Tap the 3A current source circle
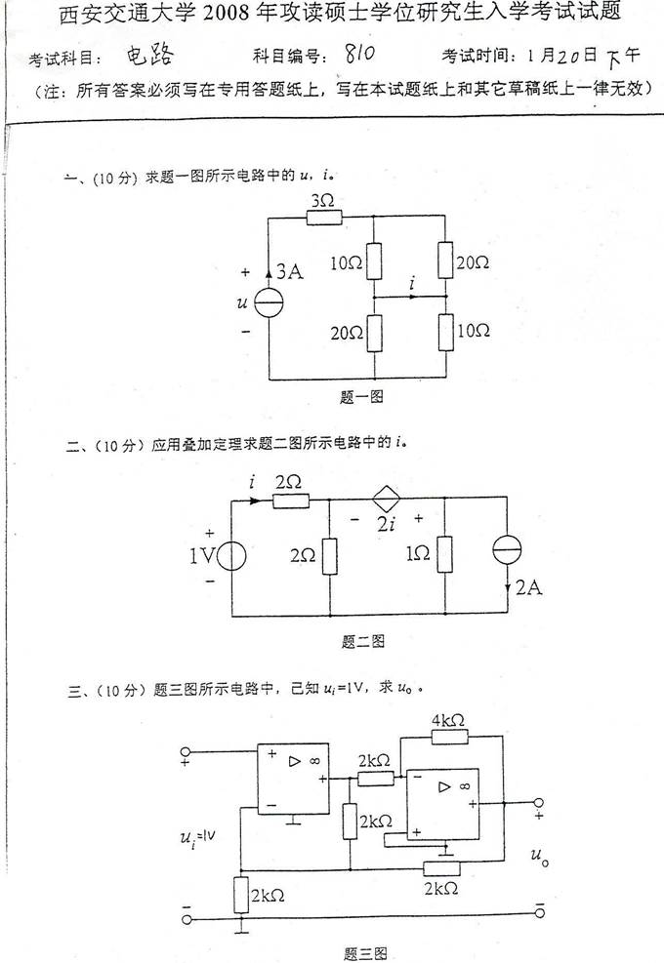[269, 305]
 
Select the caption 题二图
[363, 641]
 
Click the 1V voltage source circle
[231, 557]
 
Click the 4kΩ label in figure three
[448, 719]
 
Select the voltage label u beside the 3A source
[241, 303]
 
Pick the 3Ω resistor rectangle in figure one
[322, 217]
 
